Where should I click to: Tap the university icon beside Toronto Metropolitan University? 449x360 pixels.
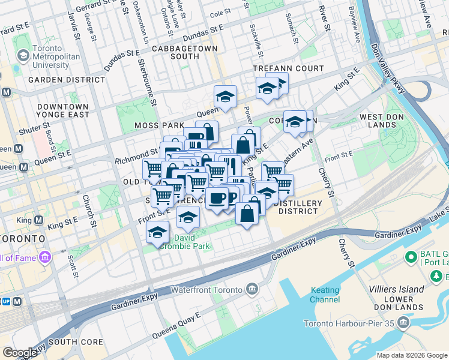23,56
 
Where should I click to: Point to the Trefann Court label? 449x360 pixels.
288,68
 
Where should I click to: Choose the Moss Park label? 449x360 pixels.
142,125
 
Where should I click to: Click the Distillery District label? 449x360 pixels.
298,207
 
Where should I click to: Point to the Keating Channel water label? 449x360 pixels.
325,295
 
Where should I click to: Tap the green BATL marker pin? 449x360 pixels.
411,258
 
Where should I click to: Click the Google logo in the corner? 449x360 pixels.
20,353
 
